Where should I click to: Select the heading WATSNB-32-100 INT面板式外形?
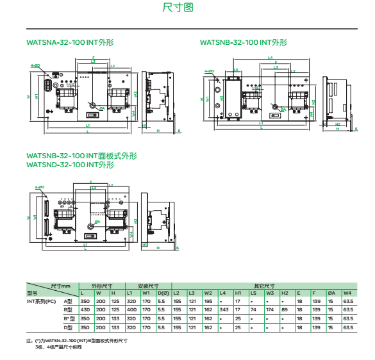click(x=81, y=156)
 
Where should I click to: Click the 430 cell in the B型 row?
click(x=84, y=309)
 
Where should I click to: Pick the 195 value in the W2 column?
click(x=208, y=300)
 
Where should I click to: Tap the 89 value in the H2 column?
click(x=285, y=309)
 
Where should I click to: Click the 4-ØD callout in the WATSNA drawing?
click(x=36, y=65)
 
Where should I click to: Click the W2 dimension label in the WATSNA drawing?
click(x=136, y=94)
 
